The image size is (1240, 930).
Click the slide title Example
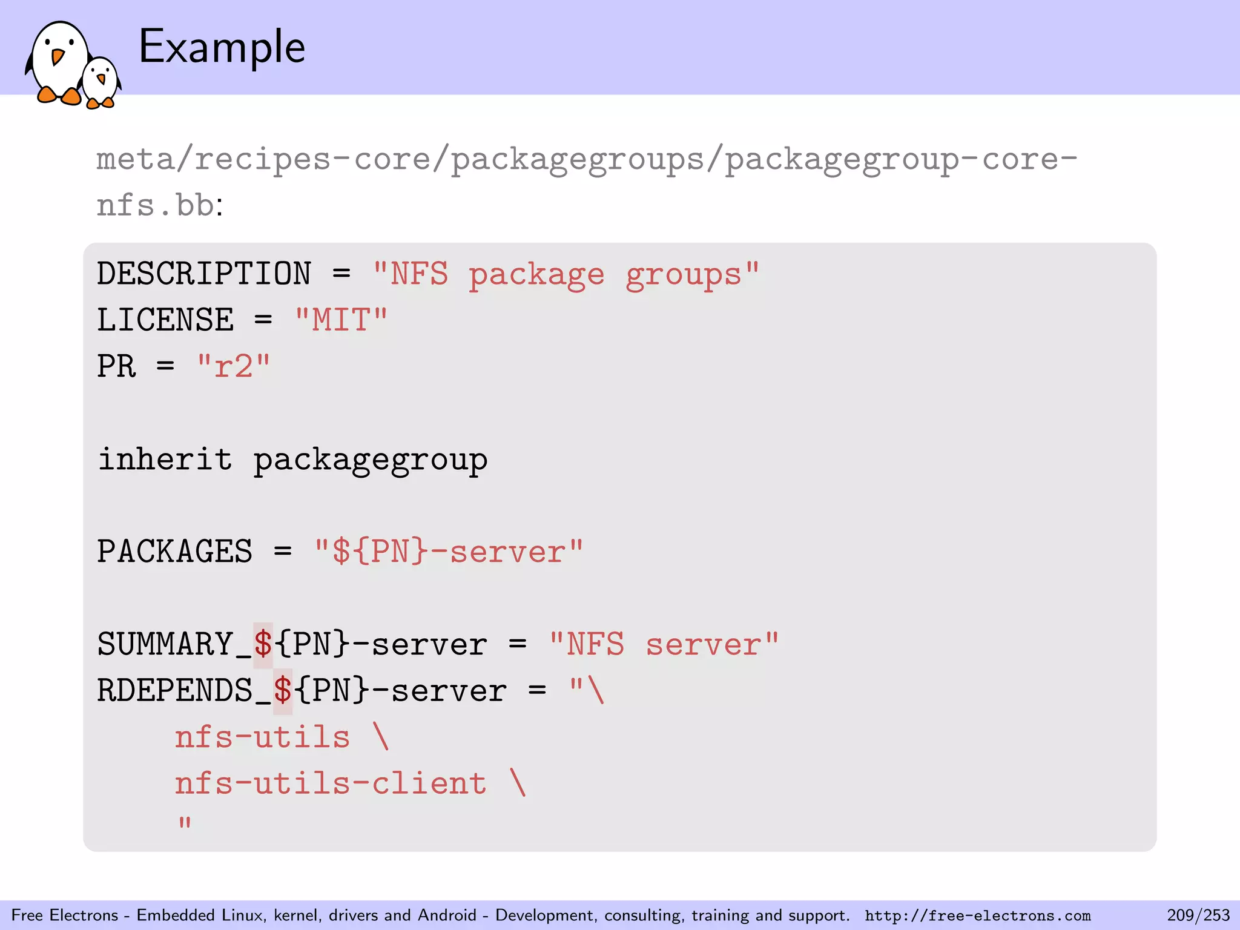tap(222, 47)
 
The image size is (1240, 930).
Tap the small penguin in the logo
tap(101, 82)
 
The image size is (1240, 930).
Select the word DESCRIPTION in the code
tap(204, 274)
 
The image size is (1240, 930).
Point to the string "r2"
tap(234, 366)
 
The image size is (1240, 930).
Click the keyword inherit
tap(165, 459)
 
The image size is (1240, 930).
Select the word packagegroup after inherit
tap(370, 460)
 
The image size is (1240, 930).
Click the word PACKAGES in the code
tap(174, 552)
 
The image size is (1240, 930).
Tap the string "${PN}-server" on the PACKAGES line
tap(448, 552)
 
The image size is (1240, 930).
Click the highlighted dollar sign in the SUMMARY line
tap(263, 644)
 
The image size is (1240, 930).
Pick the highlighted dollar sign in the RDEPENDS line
tap(282, 691)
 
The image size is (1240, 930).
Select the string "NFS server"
tap(664, 644)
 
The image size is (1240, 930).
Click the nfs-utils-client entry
tap(331, 783)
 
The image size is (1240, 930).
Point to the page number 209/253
tap(1198, 915)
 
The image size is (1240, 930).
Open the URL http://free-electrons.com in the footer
tap(977, 915)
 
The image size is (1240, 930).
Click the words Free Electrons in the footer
tap(65, 915)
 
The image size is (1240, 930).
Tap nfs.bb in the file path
tap(155, 205)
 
